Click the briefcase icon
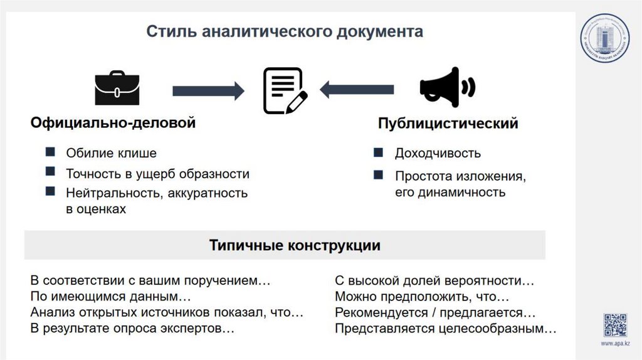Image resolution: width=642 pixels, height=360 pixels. [117, 88]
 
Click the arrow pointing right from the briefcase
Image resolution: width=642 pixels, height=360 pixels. [208, 90]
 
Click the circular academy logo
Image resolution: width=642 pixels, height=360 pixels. [603, 39]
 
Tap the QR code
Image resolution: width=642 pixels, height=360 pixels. [615, 325]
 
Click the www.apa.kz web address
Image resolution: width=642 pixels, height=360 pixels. [616, 344]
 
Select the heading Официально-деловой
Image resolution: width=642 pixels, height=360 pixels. [113, 123]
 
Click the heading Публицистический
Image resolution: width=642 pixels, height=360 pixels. [448, 124]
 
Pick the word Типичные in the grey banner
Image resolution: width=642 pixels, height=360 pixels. [246, 245]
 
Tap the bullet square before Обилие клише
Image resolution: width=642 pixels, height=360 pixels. [50, 152]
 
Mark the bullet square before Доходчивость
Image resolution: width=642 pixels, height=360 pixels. [377, 153]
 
